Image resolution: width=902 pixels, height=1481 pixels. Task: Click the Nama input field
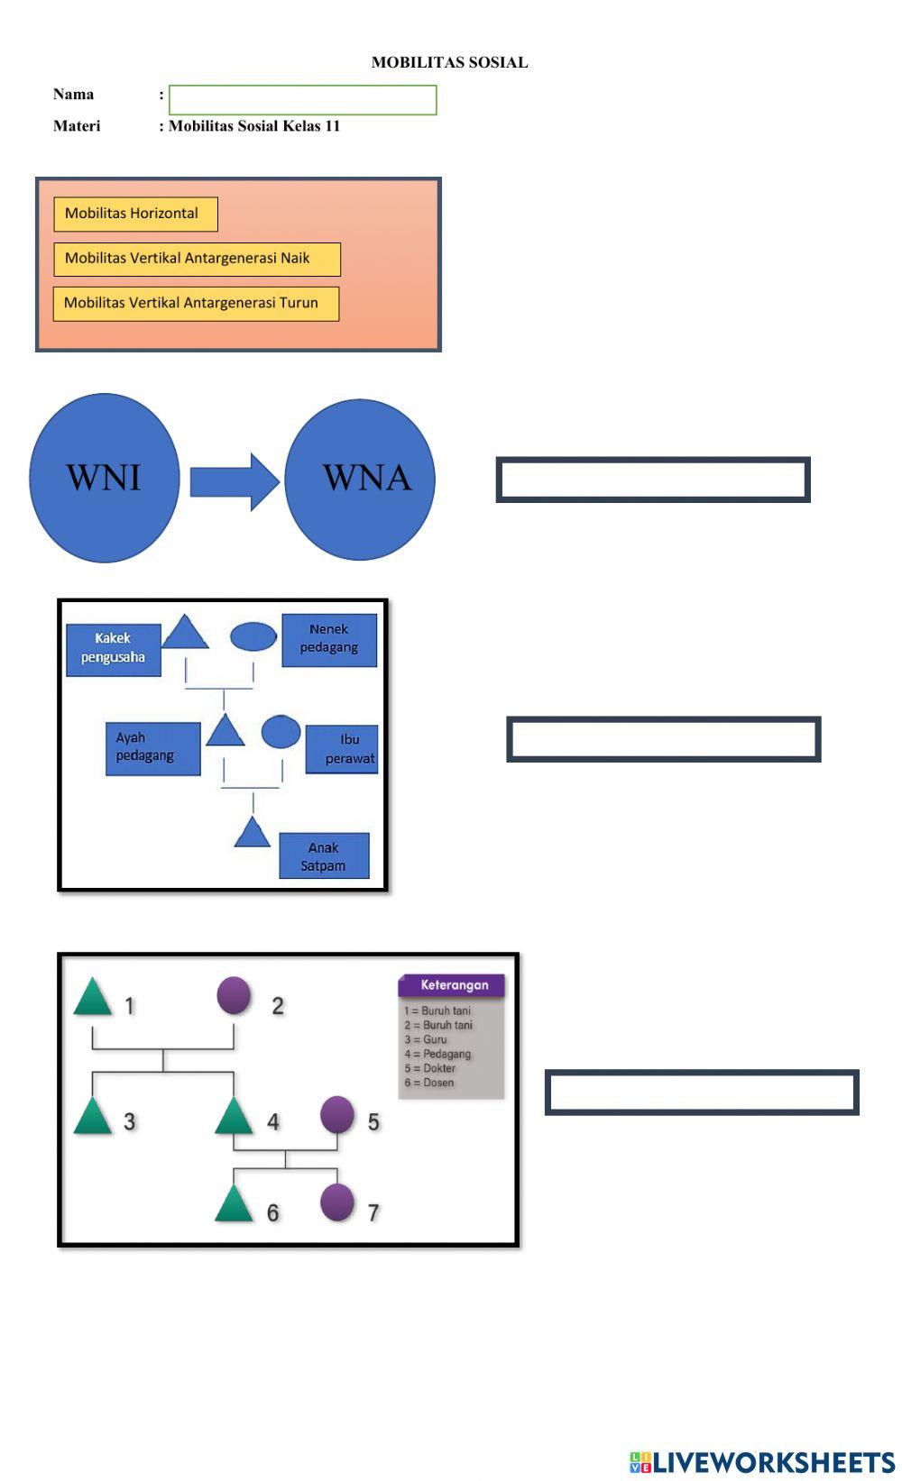click(302, 100)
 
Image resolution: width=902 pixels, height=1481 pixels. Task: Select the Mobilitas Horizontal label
click(135, 214)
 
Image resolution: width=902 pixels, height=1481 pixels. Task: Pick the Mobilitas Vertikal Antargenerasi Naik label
click(197, 259)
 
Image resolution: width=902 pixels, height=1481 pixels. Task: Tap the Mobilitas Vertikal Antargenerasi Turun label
click(196, 304)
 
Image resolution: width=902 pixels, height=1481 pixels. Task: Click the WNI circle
click(105, 478)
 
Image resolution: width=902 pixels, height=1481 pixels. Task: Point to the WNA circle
click(361, 479)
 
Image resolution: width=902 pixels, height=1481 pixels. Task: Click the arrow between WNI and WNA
click(234, 481)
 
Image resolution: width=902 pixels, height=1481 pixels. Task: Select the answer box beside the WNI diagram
click(652, 480)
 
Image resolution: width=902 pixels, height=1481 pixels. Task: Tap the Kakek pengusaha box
click(113, 649)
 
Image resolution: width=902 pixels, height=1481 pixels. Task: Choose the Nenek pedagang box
click(329, 639)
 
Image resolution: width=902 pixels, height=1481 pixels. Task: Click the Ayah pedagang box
click(152, 748)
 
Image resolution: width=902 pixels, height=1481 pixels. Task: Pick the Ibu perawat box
click(343, 749)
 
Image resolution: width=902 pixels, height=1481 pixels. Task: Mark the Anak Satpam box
click(324, 856)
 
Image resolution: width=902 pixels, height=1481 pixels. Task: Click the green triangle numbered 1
click(92, 999)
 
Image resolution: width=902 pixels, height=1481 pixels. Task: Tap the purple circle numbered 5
click(337, 1115)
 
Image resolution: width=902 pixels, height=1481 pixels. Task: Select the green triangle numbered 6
click(234, 1205)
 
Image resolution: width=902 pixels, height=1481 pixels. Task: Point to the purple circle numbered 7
click(337, 1202)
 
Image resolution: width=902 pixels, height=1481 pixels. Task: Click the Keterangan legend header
click(452, 985)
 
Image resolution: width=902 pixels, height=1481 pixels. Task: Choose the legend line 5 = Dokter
click(430, 1068)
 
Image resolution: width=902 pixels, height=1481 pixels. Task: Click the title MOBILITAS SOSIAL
click(449, 62)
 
